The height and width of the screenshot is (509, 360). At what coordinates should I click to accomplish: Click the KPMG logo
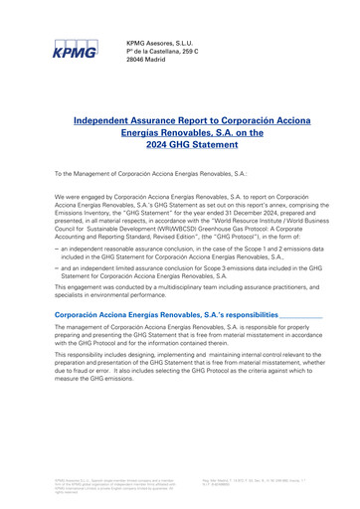[77, 46]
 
